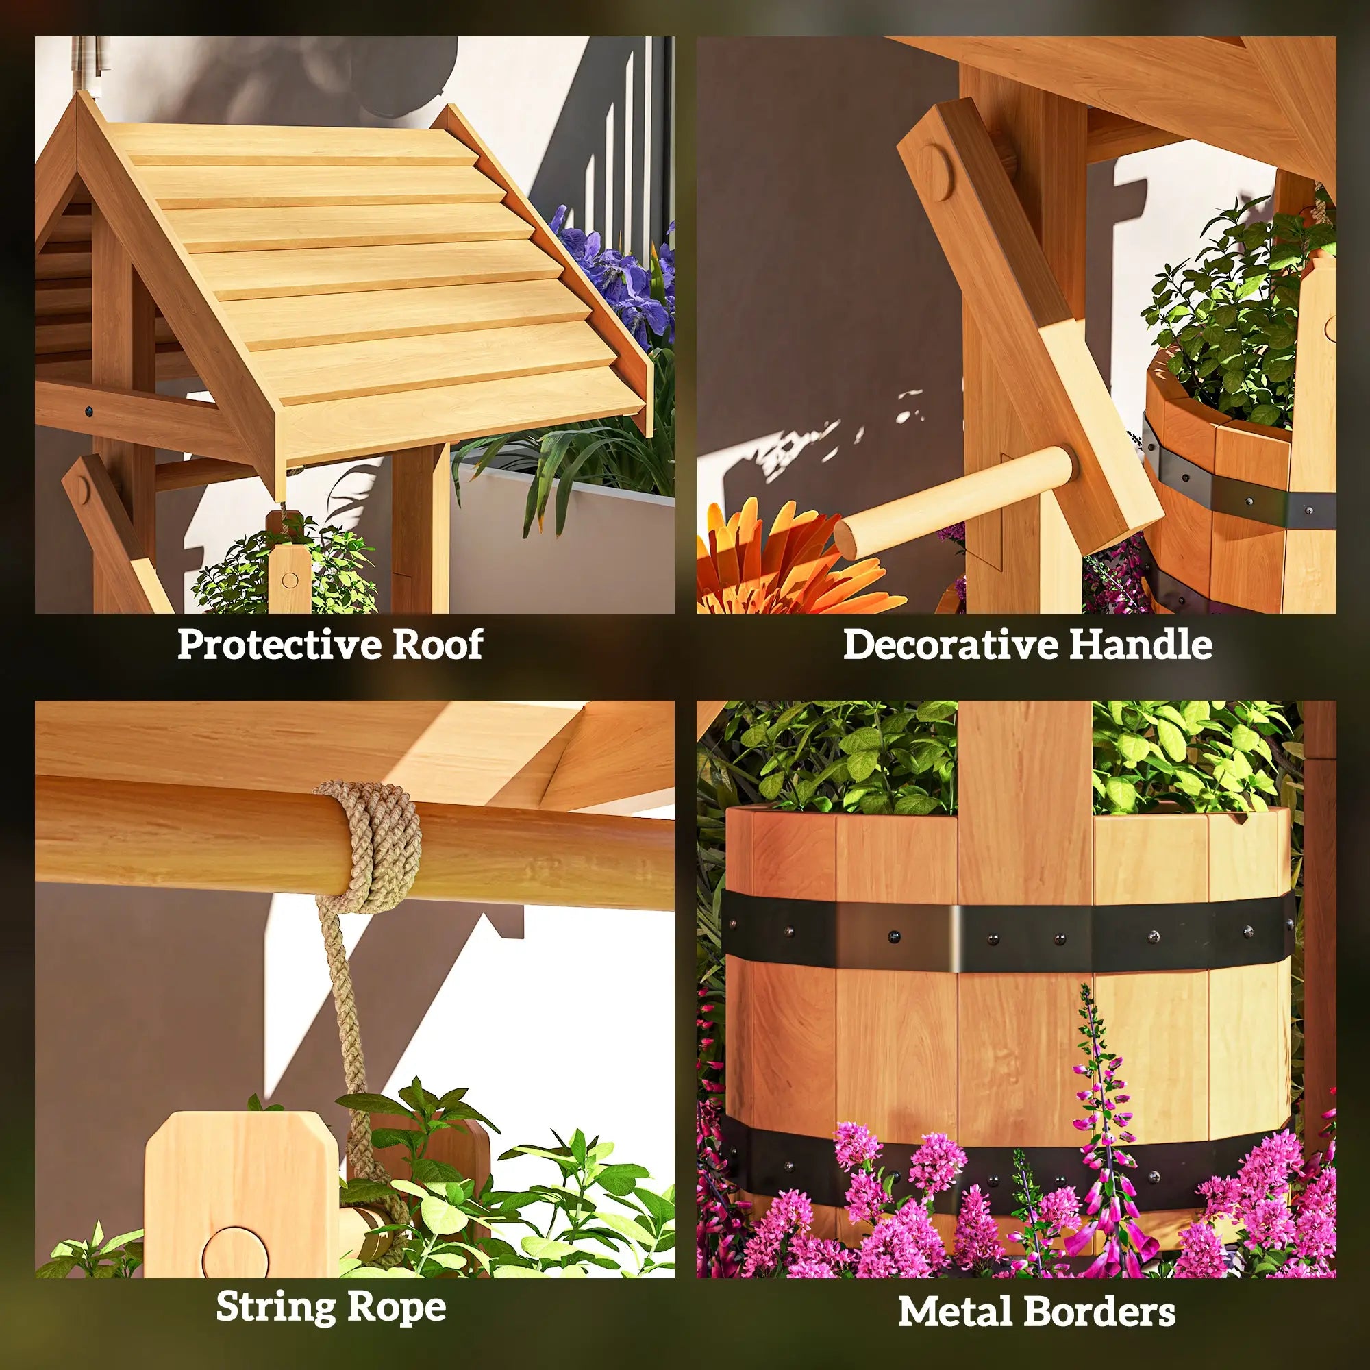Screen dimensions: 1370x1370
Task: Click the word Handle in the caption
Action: point(1141,645)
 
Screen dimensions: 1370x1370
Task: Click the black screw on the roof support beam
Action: point(88,410)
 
